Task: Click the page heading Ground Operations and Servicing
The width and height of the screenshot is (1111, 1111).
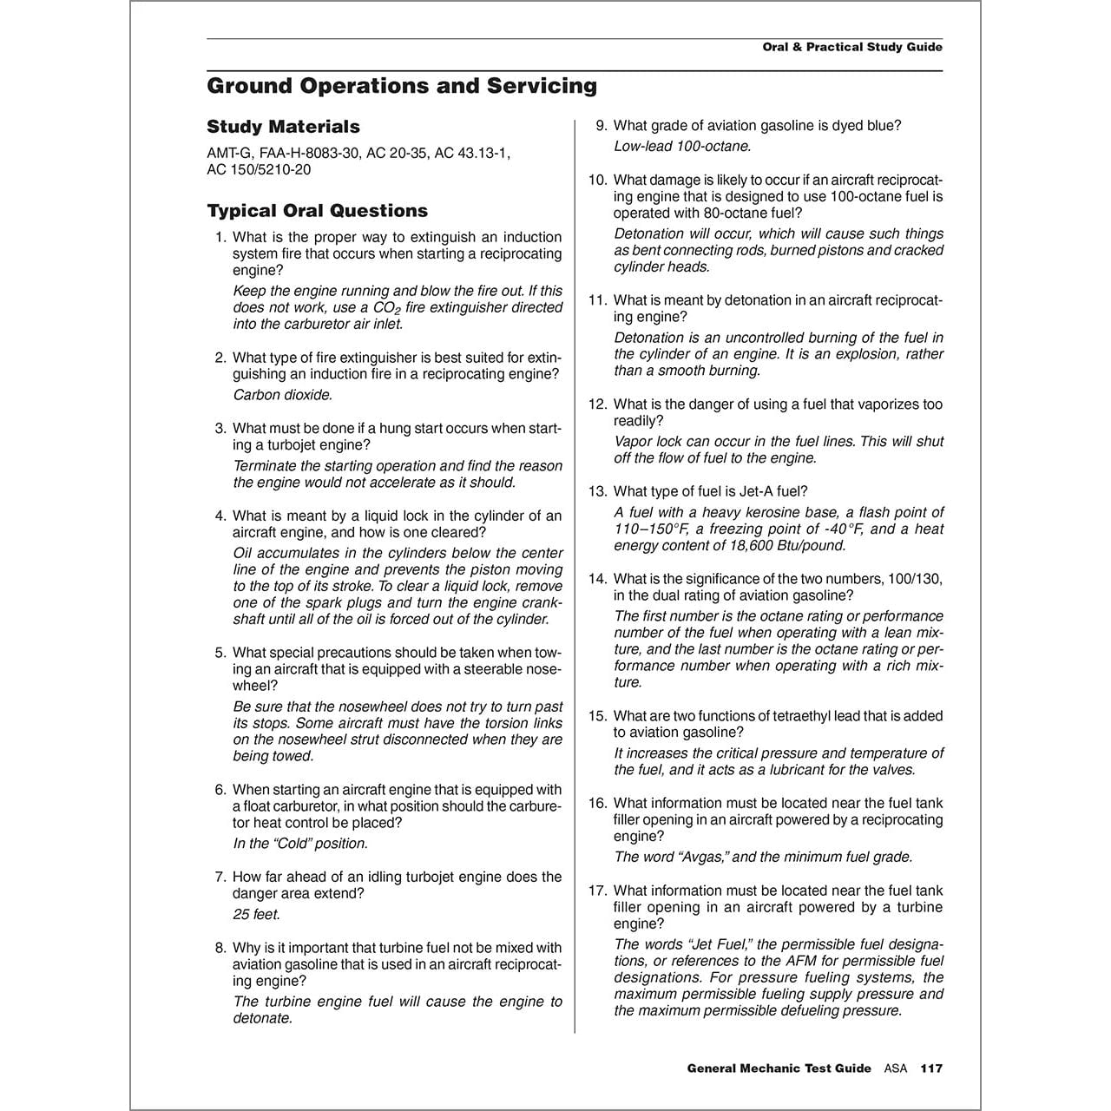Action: coord(402,86)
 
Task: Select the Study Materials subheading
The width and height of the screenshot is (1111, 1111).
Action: coord(283,127)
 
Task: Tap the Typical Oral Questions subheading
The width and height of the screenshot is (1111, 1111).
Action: coord(317,211)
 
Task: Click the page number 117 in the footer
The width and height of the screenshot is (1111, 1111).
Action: coord(931,1068)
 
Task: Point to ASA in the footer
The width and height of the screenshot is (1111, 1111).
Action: coord(895,1068)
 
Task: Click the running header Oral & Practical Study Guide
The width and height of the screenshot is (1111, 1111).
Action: coord(851,47)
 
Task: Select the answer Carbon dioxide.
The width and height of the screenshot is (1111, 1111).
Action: coord(283,395)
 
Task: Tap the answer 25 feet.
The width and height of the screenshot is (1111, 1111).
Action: coord(256,915)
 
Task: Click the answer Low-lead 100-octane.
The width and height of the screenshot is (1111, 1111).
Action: coord(682,147)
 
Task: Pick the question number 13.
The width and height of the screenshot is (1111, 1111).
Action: coord(597,491)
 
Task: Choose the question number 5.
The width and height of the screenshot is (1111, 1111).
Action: coord(220,653)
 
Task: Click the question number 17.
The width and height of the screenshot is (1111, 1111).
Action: coord(597,891)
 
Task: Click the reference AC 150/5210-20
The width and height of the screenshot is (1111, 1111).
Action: coord(259,169)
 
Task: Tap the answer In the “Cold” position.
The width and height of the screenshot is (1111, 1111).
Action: coord(300,844)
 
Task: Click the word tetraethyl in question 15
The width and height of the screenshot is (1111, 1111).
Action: coord(775,716)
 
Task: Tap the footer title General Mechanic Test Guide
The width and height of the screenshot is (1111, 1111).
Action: coord(779,1068)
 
